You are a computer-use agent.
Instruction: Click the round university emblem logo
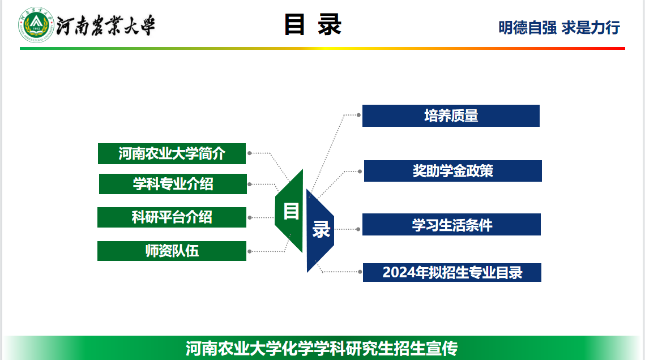pos(36,25)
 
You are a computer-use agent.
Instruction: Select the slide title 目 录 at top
pos(313,25)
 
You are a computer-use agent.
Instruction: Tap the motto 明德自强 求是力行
pos(559,27)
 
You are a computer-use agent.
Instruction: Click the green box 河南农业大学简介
pos(172,153)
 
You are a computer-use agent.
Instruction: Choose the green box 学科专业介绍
pos(173,184)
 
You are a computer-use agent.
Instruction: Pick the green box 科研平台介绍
pos(172,217)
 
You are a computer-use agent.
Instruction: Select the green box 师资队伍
pos(172,251)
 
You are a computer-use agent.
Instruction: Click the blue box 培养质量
pos(451,116)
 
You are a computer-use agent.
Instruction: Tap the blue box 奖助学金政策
pos(452,171)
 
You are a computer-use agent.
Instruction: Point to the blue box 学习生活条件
pos(451,225)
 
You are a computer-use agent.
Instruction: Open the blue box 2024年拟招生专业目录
pos(452,272)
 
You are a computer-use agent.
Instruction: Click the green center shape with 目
pos(291,211)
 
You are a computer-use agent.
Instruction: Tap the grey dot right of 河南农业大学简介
pos(250,153)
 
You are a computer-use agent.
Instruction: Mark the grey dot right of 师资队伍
pos(250,251)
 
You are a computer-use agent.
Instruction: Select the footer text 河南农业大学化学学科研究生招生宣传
pos(321,348)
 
